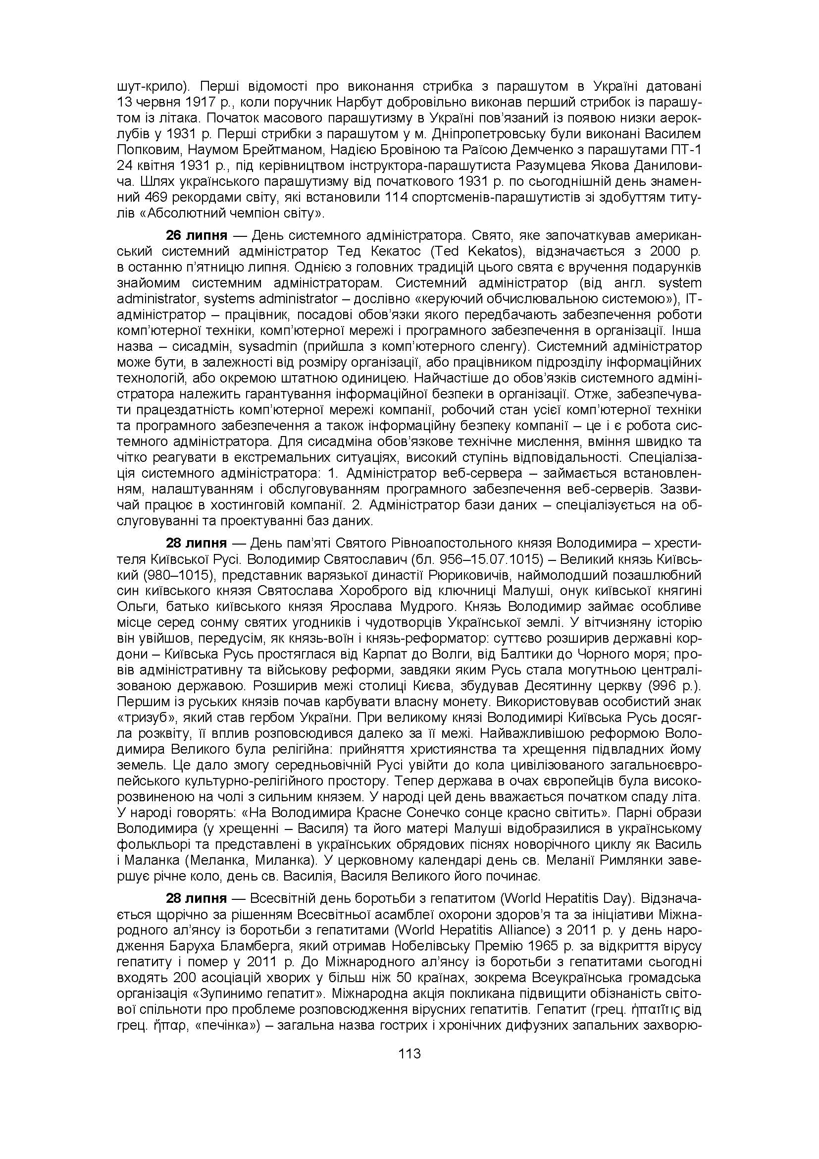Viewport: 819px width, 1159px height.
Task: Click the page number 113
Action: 409,1053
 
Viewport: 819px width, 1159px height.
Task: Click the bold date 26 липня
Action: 197,235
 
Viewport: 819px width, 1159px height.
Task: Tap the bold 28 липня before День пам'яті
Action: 197,543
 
